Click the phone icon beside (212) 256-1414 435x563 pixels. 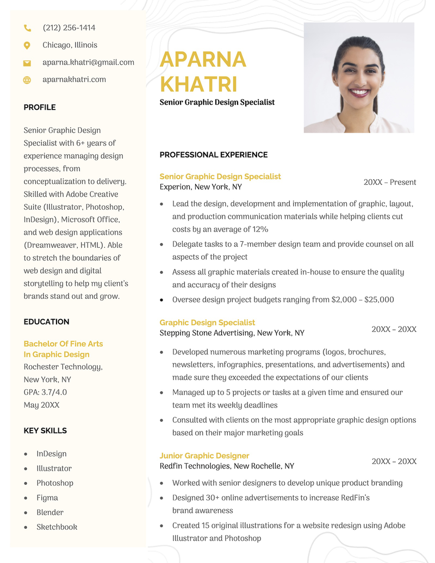pyautogui.click(x=27, y=28)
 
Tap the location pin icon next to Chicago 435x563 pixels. pyautogui.click(x=27, y=45)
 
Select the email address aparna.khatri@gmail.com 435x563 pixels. pyautogui.click(x=88, y=62)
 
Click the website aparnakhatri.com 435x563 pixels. pyautogui.click(x=74, y=80)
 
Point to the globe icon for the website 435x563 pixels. pyautogui.click(x=27, y=80)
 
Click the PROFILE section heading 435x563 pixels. pyautogui.click(x=40, y=108)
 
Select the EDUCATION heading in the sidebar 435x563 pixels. pyautogui.click(x=46, y=322)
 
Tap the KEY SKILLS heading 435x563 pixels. pyautogui.click(x=45, y=431)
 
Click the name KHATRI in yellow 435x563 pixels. pyautogui.click(x=198, y=85)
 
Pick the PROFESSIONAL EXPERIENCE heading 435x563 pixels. pyautogui.click(x=213, y=155)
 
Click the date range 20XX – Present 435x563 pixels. pyautogui.click(x=389, y=183)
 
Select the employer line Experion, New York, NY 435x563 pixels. pyautogui.click(x=201, y=187)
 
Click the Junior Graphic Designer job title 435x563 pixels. pyautogui.click(x=204, y=456)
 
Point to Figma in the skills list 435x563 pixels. pyautogui.click(x=47, y=498)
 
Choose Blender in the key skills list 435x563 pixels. pyautogui.click(x=50, y=512)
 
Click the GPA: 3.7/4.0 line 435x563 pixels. pyautogui.click(x=45, y=392)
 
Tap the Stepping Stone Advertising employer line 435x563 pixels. pyautogui.click(x=232, y=333)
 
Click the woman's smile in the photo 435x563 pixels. pyautogui.click(x=359, y=92)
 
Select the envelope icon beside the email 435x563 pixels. pyautogui.click(x=27, y=63)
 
